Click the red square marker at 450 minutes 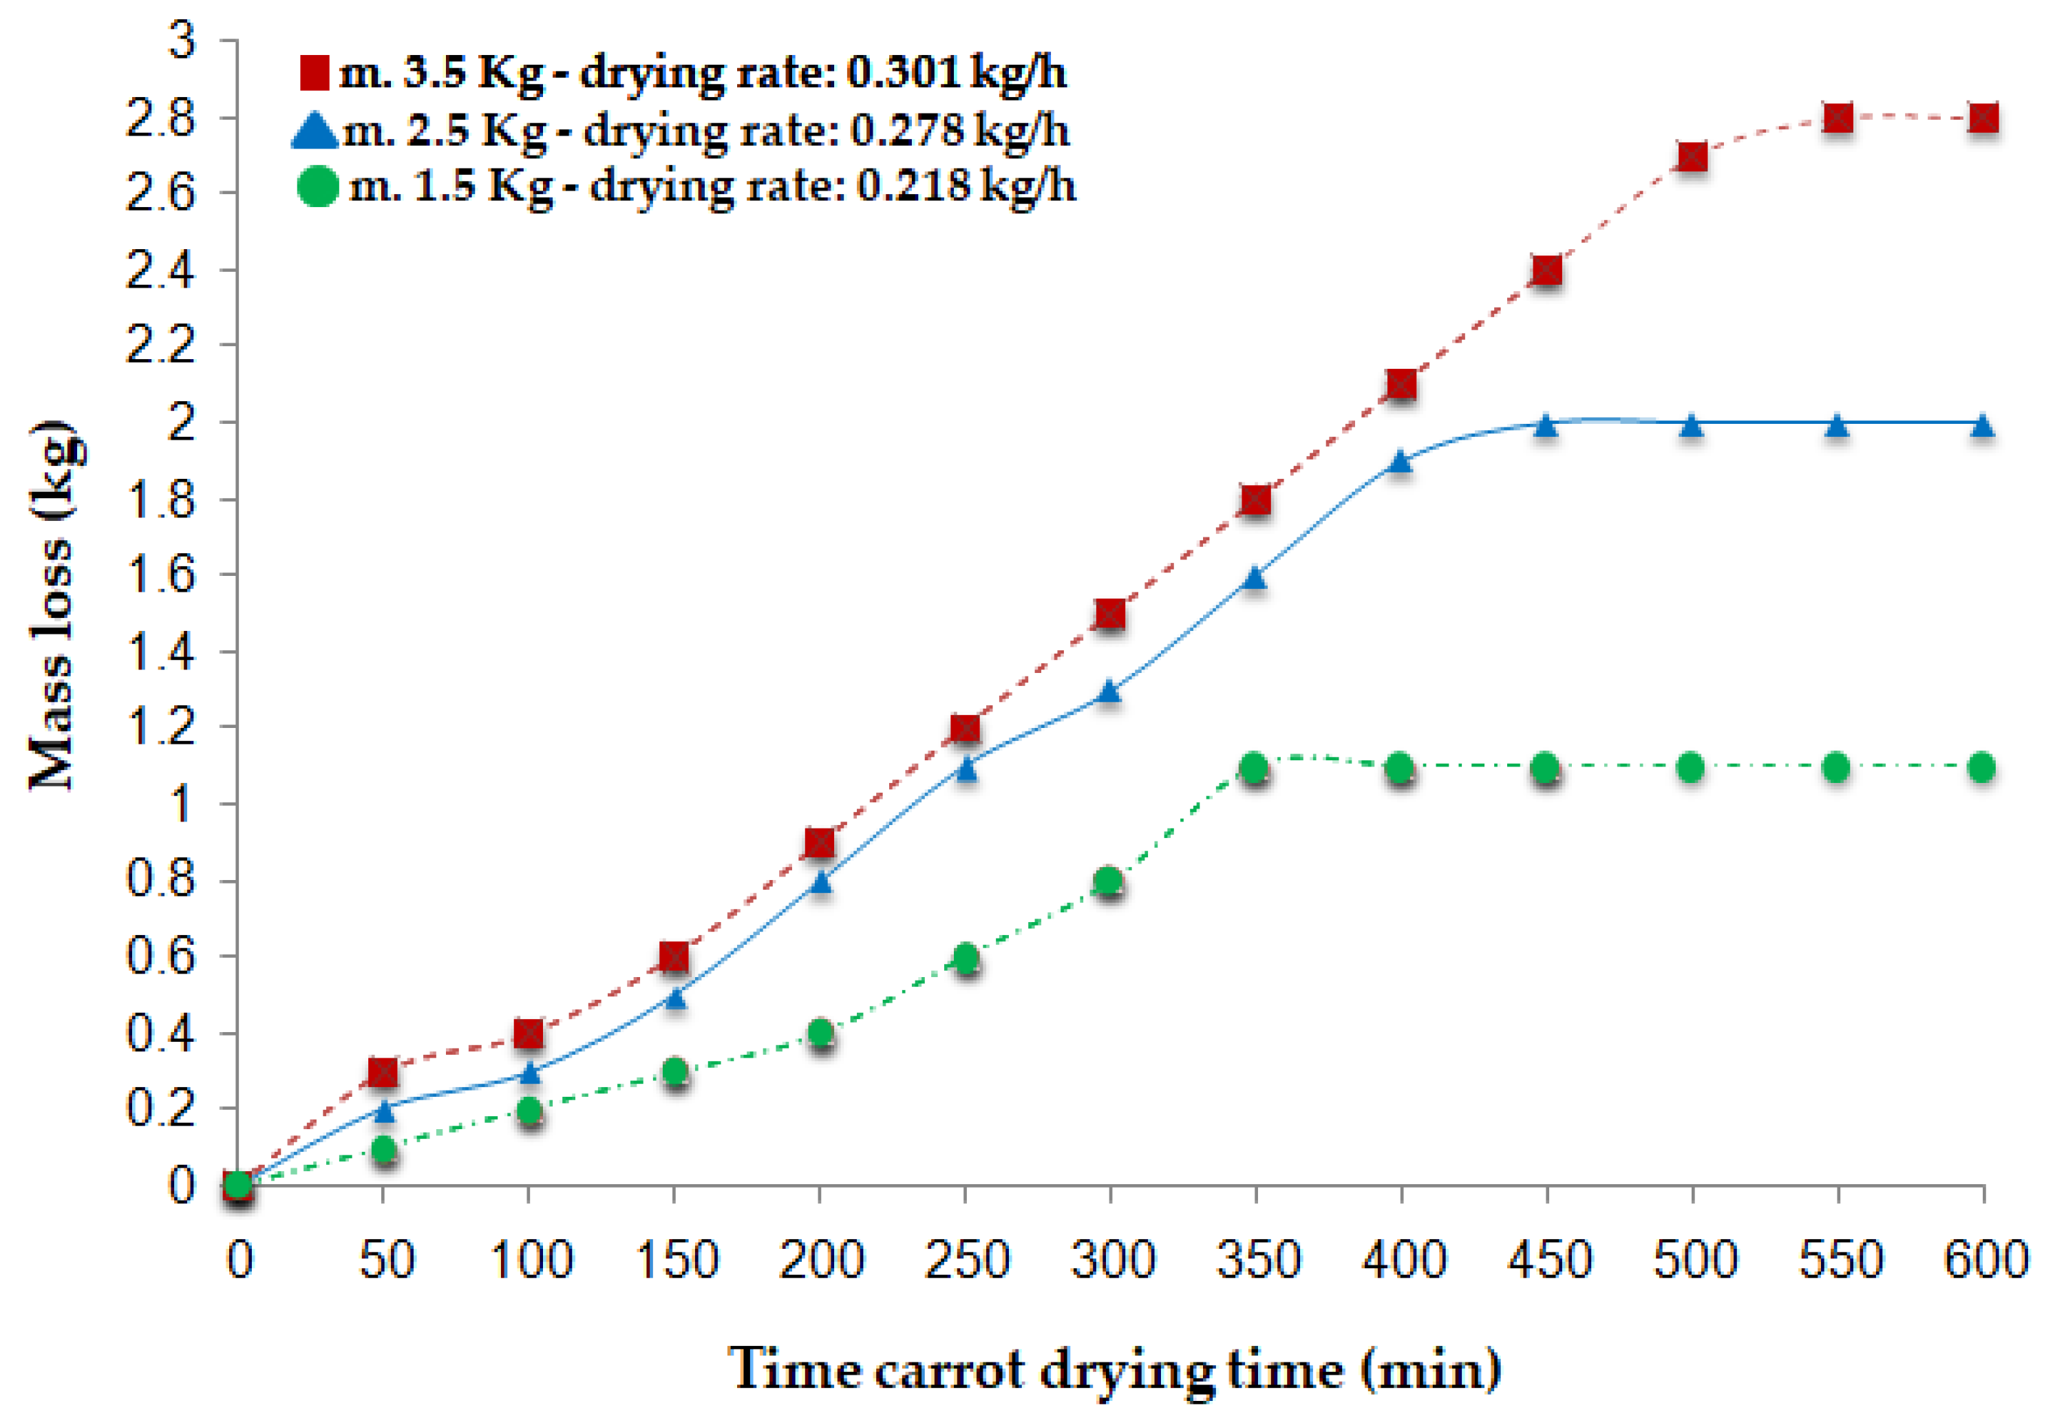tap(1546, 270)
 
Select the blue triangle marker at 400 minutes tap(1401, 461)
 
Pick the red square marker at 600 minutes tap(1983, 118)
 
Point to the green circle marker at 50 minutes tap(383, 1148)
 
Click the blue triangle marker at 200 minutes tap(820, 882)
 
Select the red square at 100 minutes tap(529, 1034)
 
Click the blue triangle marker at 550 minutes tap(1836, 425)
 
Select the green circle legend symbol tap(317, 186)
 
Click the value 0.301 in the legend tap(903, 72)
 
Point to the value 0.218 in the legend tap(913, 186)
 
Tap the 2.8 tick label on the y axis tap(161, 118)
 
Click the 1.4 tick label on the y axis tap(161, 652)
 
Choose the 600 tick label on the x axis tap(1984, 1260)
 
